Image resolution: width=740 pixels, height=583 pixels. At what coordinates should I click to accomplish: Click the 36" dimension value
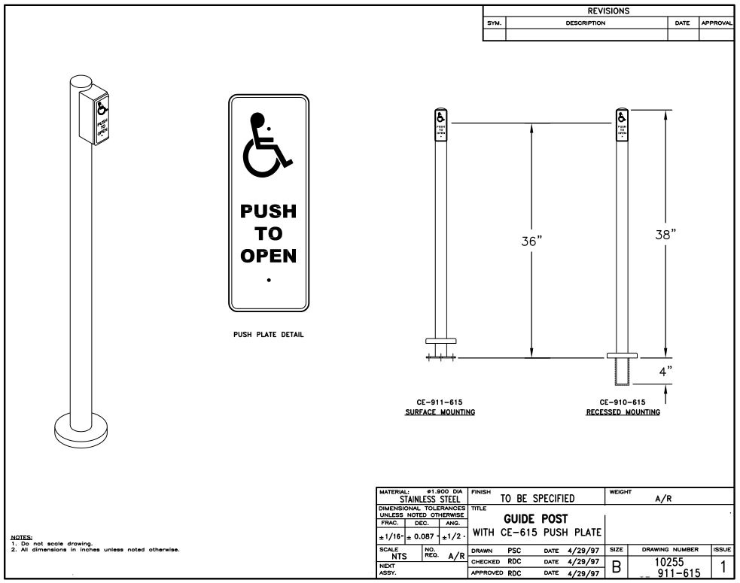pyautogui.click(x=531, y=241)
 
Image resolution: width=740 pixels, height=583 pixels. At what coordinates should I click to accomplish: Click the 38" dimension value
pyautogui.click(x=665, y=232)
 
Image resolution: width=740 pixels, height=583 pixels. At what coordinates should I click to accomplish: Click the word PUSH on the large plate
pyautogui.click(x=269, y=211)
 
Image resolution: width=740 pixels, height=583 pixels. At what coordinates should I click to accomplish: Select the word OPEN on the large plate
pyautogui.click(x=269, y=256)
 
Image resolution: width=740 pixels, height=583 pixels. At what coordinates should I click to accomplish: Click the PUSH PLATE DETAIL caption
pyautogui.click(x=269, y=335)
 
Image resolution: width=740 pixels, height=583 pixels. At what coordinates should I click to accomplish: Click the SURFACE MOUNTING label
pyautogui.click(x=440, y=412)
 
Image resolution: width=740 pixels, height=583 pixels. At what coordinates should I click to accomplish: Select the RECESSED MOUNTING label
pyautogui.click(x=623, y=412)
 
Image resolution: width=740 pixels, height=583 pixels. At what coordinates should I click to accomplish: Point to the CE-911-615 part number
pyautogui.click(x=440, y=402)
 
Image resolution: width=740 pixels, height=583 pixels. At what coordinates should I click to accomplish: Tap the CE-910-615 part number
pyautogui.click(x=623, y=402)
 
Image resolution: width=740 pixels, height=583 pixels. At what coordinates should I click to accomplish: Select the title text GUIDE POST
pyautogui.click(x=535, y=519)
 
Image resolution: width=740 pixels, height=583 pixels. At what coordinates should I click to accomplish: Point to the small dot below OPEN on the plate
pyautogui.click(x=269, y=280)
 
